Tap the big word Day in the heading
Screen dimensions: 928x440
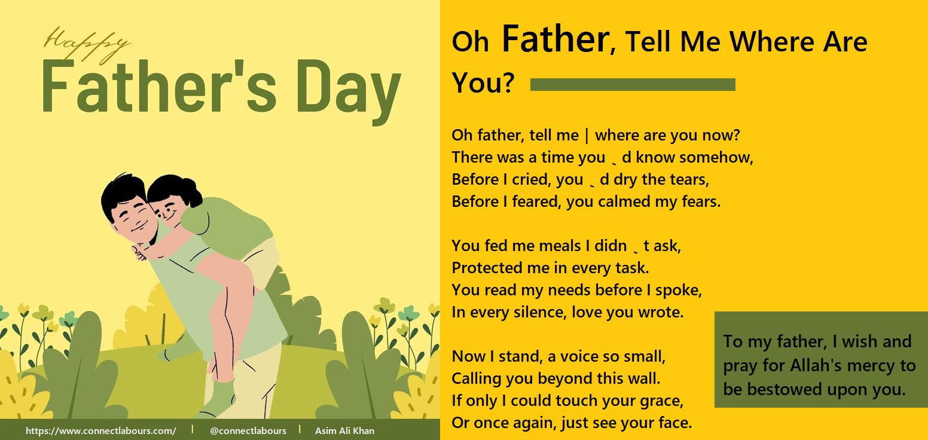pos(349,91)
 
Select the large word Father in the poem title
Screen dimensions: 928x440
pos(555,39)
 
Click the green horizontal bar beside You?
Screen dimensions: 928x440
pos(633,84)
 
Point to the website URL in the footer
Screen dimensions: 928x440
pos(100,431)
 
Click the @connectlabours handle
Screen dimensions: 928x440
pos(248,431)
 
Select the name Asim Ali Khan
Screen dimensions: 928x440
pos(344,431)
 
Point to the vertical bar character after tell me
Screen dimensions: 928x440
pos(587,136)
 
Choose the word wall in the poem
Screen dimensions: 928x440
pos(642,378)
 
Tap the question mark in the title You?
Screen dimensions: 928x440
pos(508,82)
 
